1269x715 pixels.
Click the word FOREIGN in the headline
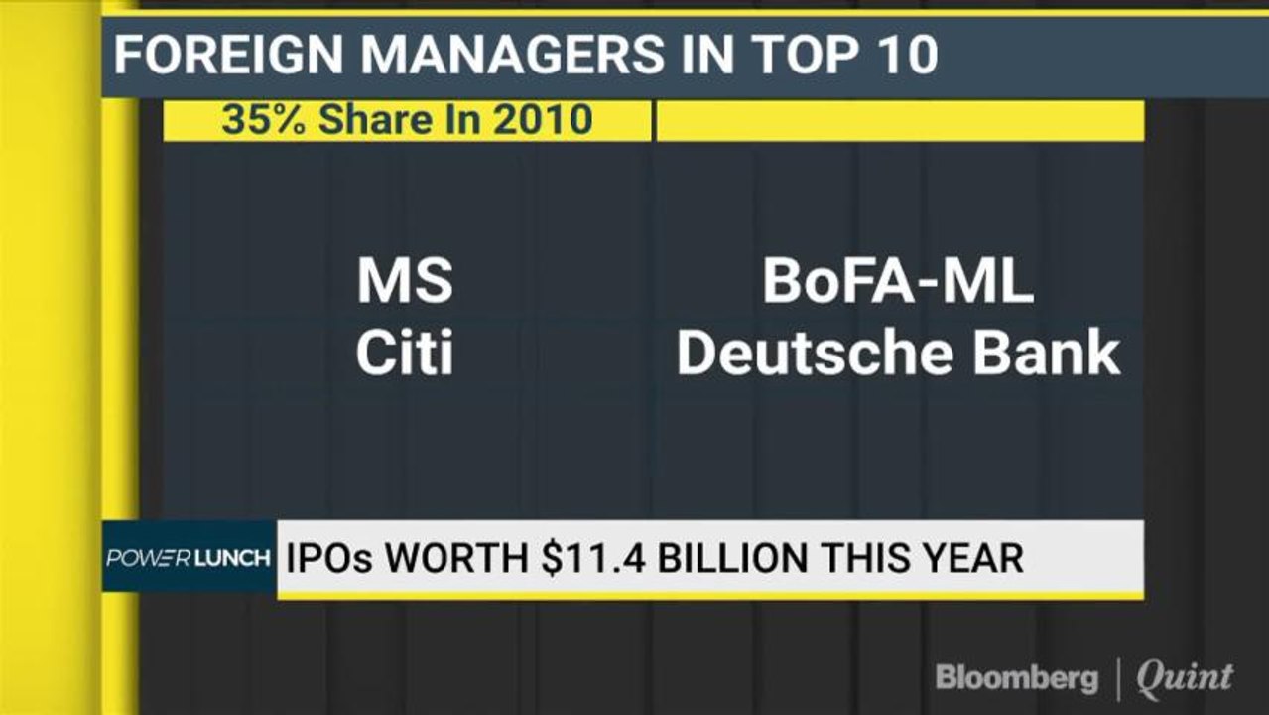click(x=228, y=55)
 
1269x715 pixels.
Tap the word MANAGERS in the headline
click(x=512, y=55)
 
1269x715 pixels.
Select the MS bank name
click(x=405, y=281)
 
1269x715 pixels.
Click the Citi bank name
click(x=405, y=353)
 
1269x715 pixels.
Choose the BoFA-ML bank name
click(x=898, y=281)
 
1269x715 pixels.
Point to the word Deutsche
click(x=815, y=353)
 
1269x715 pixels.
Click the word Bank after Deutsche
click(x=1047, y=353)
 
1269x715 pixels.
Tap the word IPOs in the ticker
click(x=329, y=558)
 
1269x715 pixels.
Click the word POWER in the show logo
click(x=149, y=559)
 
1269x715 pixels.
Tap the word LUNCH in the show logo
click(x=232, y=559)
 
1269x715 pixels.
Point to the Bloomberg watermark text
click(x=1017, y=678)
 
